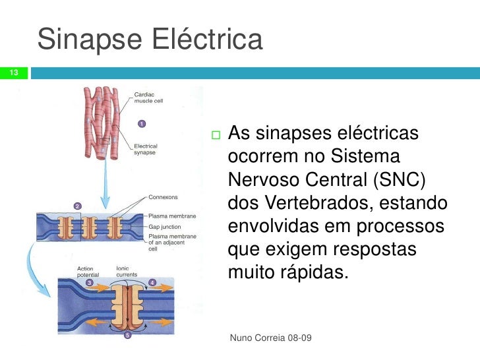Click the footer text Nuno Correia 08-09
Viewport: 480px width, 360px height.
[270, 338]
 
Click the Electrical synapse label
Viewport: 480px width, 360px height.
[146, 149]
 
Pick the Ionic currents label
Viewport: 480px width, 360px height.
[127, 272]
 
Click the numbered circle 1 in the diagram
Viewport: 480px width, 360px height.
[141, 123]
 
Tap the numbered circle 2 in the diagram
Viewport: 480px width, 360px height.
[77, 206]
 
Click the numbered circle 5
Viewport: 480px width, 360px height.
[128, 334]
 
